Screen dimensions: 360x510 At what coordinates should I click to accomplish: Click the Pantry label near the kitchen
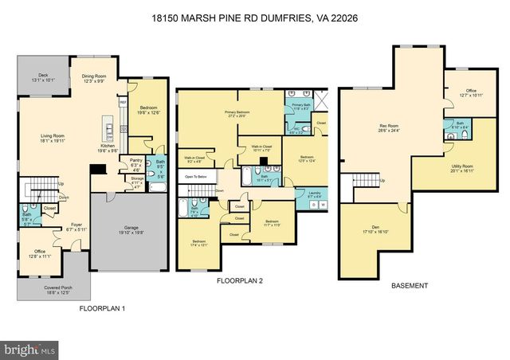point(136,162)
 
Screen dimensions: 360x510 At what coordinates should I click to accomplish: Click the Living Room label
point(53,138)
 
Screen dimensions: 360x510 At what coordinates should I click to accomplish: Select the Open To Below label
point(198,177)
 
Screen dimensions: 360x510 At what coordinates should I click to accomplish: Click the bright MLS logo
point(29,349)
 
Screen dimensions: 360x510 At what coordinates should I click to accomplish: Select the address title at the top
point(255,16)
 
